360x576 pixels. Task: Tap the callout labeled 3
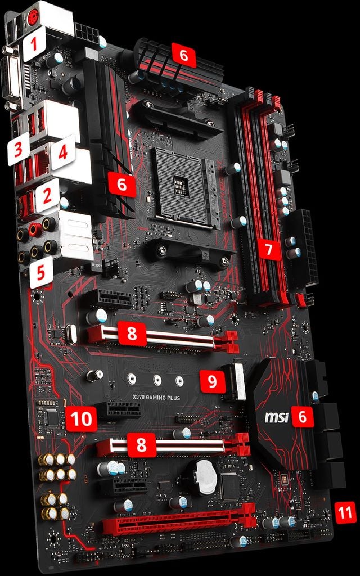(19, 150)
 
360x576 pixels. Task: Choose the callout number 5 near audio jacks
(41, 272)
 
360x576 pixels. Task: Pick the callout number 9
(212, 381)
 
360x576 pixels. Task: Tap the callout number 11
(345, 512)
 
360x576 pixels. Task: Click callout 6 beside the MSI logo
(303, 417)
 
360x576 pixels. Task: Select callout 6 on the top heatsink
(183, 56)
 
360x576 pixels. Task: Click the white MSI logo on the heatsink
(276, 418)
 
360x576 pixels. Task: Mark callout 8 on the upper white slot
(132, 333)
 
